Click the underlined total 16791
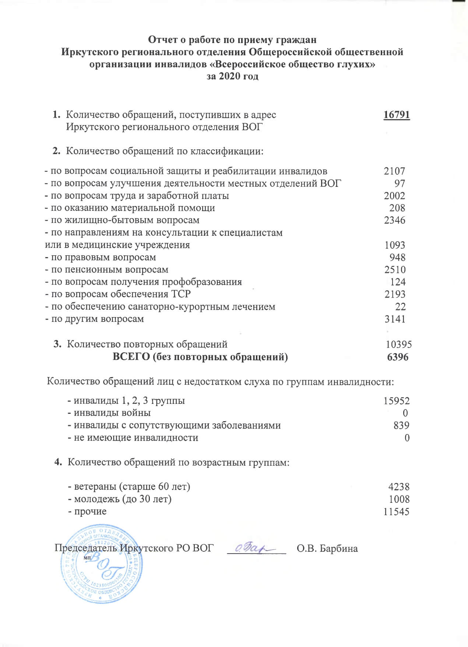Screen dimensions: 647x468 coord(397,115)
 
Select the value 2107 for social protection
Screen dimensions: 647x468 coord(394,171)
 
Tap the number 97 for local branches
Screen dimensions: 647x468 coord(400,183)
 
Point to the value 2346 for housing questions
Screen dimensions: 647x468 coord(394,220)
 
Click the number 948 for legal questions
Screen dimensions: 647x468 coord(397,257)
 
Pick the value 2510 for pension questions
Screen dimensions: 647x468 coord(395,270)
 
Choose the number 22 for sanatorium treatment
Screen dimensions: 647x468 coord(400,306)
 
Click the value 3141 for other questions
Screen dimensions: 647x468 coord(395,319)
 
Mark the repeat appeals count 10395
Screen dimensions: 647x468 coord(399,344)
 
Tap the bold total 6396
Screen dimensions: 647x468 coord(398,357)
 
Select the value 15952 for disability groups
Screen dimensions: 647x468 coord(396,401)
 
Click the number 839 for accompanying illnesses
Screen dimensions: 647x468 coord(401,426)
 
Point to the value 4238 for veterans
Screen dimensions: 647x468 coord(399,487)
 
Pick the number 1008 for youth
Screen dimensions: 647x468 coord(399,499)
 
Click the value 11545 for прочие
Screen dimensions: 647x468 coord(396,512)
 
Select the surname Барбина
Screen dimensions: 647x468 coord(339,548)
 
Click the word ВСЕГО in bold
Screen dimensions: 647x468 coord(131,357)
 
